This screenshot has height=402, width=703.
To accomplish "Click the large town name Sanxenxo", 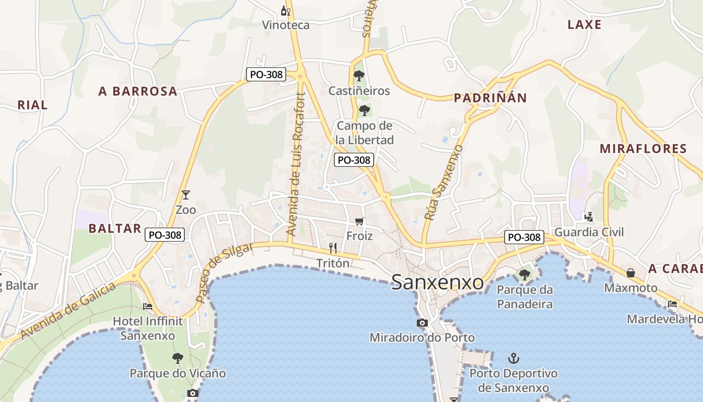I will tap(437, 282).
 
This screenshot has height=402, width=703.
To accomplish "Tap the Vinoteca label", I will tap(286, 25).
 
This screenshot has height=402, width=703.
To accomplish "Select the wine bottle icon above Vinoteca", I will tap(286, 10).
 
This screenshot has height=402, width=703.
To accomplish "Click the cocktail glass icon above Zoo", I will tap(186, 194).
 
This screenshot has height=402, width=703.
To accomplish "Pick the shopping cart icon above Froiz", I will tap(359, 221).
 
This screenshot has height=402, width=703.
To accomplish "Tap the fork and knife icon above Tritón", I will tap(332, 248).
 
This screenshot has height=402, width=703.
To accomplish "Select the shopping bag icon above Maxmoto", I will tap(631, 273).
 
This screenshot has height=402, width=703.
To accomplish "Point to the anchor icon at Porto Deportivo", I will tap(513, 358).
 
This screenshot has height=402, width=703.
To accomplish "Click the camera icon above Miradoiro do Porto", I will tap(422, 323).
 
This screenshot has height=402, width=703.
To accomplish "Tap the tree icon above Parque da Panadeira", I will tap(525, 274).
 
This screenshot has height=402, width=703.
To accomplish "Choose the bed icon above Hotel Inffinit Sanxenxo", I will tap(148, 306).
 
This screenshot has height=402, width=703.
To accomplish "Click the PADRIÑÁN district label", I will tap(490, 98).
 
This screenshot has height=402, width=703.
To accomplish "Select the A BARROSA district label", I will tap(138, 91).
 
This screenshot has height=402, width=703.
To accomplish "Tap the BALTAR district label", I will tap(115, 229).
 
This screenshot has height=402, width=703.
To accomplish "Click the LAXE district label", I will tap(584, 25).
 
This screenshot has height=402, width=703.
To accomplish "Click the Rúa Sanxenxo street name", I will tap(443, 183).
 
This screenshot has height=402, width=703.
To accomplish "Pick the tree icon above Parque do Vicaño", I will tap(177, 358).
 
